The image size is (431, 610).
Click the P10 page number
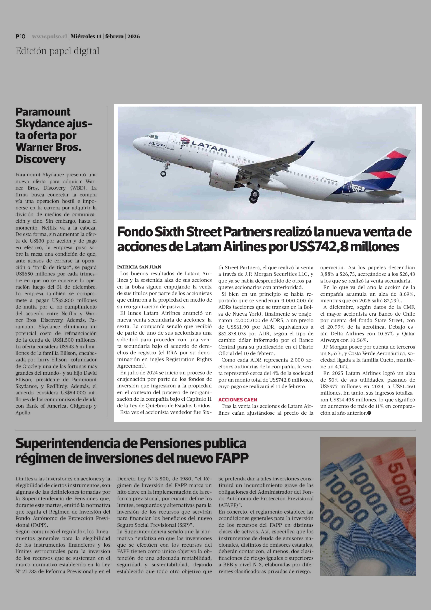pos(20,36)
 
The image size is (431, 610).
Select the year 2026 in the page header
pos(134,36)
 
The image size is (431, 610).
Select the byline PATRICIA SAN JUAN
pos(139,267)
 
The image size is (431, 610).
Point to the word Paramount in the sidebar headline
pos(43,112)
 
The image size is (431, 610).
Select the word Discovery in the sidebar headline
pos(40,159)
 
